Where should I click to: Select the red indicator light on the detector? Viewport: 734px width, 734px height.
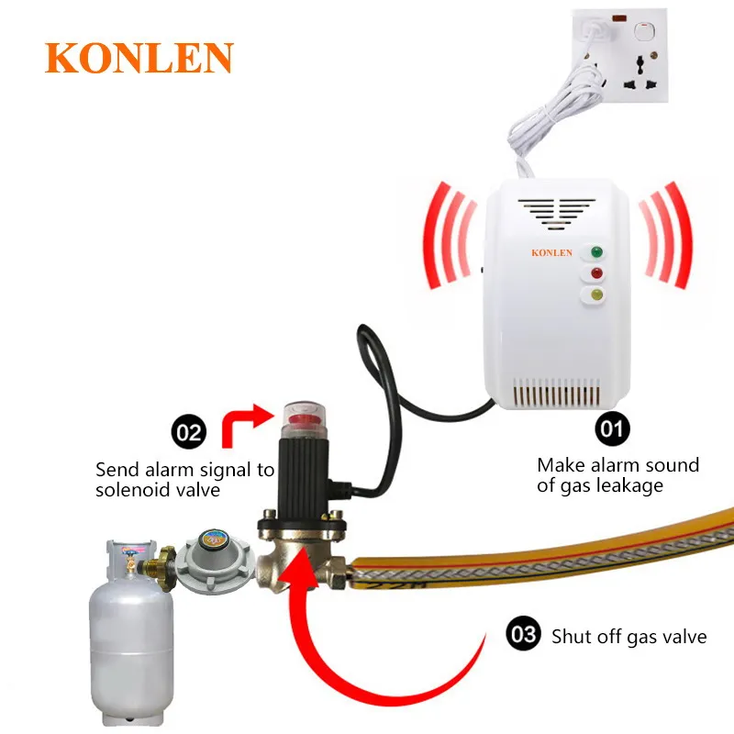point(596,273)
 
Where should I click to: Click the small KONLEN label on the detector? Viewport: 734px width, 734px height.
point(551,252)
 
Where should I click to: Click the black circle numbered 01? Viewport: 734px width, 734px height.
point(613,428)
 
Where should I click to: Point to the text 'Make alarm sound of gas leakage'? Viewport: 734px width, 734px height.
point(617,475)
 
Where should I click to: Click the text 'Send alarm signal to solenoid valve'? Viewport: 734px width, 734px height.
point(184,480)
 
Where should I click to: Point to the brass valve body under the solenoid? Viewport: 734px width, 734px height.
point(299,551)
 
